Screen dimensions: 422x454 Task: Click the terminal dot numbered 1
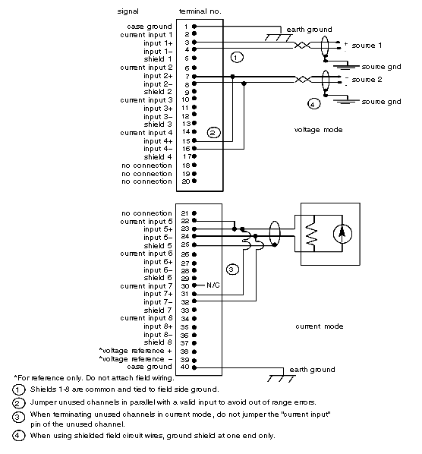point(194,27)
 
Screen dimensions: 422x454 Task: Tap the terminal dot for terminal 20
point(194,181)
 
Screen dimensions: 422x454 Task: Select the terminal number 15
point(186,141)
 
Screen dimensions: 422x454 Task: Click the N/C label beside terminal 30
point(213,285)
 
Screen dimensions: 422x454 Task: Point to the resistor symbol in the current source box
point(311,233)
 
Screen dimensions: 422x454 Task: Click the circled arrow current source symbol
point(342,233)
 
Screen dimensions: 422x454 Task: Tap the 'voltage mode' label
point(318,130)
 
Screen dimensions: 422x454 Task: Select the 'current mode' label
point(320,326)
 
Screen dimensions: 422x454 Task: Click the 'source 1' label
point(367,46)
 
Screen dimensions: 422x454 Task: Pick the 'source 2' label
point(367,80)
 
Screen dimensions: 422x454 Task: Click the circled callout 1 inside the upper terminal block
point(237,58)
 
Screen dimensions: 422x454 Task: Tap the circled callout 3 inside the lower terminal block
point(232,270)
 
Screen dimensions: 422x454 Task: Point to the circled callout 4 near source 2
point(313,104)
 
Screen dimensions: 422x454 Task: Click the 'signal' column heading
point(128,11)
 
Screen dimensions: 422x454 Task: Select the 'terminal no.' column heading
point(200,11)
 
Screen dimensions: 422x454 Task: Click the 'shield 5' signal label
point(158,245)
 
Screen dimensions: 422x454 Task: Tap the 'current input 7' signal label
point(146,286)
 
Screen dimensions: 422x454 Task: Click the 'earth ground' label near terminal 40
point(312,370)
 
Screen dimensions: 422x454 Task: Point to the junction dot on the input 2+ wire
point(232,77)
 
